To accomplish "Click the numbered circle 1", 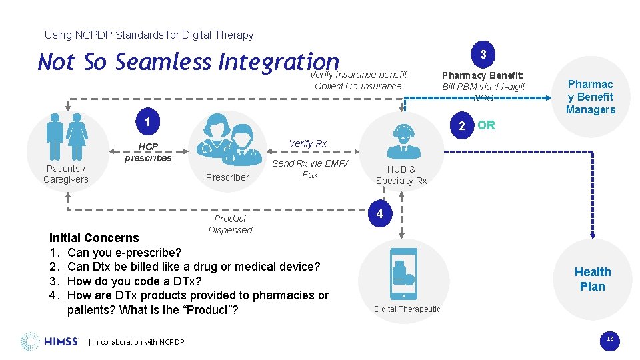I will [x=147, y=121].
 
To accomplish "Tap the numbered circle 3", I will [x=483, y=54].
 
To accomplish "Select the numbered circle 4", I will [x=379, y=214].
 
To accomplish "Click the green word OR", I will [x=486, y=125].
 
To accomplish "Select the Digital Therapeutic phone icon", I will [x=403, y=273].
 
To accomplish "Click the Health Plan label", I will [x=592, y=279].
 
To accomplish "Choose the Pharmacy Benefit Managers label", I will [x=591, y=97].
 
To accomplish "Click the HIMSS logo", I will [x=49, y=342].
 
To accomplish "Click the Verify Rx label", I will [x=307, y=143].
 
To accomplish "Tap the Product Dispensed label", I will [x=230, y=224].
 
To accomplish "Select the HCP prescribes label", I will [x=148, y=153].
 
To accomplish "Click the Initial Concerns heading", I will [x=94, y=237].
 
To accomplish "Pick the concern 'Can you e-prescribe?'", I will [x=124, y=252].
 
